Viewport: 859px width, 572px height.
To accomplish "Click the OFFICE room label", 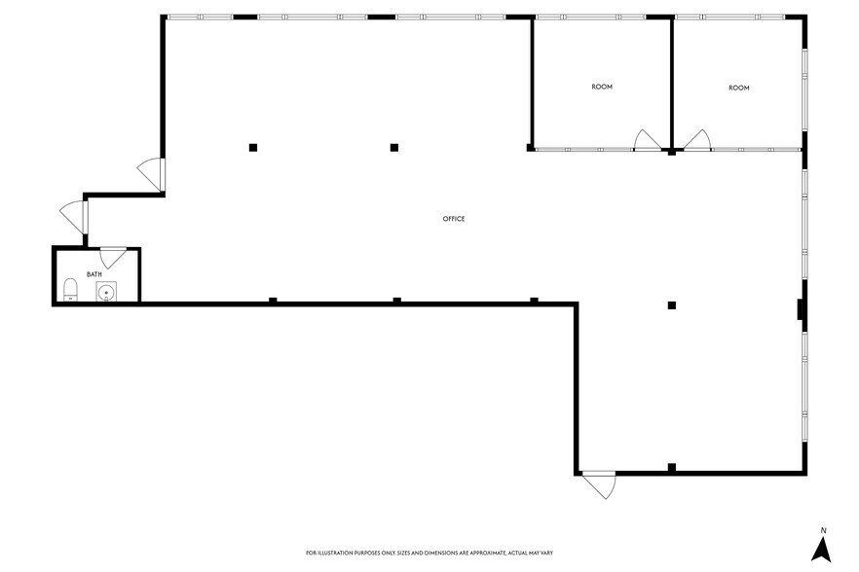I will (x=454, y=219).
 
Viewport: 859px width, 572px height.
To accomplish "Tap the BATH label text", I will (x=94, y=274).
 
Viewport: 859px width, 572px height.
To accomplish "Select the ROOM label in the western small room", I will (x=602, y=88).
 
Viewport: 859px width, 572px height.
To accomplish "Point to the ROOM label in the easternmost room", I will (x=739, y=89).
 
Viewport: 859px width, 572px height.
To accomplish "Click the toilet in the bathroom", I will (x=70, y=290).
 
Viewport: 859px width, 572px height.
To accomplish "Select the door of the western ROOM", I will (x=647, y=141).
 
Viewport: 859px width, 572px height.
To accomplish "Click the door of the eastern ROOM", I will (x=696, y=141).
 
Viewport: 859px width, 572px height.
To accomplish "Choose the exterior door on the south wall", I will (x=600, y=484).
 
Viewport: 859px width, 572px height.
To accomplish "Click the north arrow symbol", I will (x=823, y=550).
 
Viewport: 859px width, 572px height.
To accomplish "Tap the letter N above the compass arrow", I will (x=823, y=530).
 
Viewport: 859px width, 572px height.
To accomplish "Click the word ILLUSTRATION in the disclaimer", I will (x=340, y=553).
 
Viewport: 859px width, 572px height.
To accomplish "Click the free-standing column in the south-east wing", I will (x=671, y=305).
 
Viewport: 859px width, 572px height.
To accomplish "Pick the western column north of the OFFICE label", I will (x=253, y=148).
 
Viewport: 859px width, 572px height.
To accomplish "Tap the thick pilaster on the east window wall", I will (x=801, y=309).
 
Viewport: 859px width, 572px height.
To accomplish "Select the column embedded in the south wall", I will (x=671, y=468).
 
